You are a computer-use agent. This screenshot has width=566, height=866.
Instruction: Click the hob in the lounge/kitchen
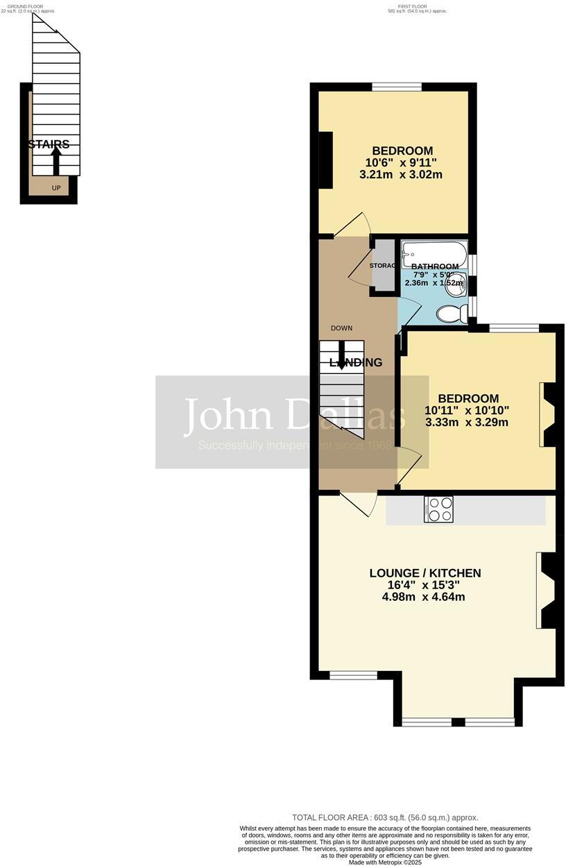point(438,509)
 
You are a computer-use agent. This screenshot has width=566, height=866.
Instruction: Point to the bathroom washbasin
point(455,287)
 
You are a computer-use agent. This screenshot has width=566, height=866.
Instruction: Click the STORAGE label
point(382,266)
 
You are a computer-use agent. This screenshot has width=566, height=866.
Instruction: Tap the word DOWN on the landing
point(341,328)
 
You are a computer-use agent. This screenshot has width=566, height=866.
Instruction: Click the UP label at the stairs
point(56,187)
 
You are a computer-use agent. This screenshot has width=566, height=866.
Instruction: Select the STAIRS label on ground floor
point(49,144)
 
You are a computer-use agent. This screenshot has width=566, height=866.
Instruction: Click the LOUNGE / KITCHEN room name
point(425,573)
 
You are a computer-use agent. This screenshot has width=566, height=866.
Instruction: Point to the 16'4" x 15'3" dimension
point(425,585)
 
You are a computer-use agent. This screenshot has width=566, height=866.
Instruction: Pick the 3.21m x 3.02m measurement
point(401,175)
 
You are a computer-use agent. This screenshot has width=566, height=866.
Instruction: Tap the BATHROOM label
point(435,266)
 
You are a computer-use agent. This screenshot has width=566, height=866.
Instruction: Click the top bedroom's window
point(397,87)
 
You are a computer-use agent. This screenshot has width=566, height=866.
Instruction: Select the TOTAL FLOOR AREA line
point(385,817)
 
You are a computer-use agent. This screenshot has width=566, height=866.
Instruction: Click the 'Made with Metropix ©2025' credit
point(385,862)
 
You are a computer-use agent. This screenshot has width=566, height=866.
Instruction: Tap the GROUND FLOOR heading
point(26,7)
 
